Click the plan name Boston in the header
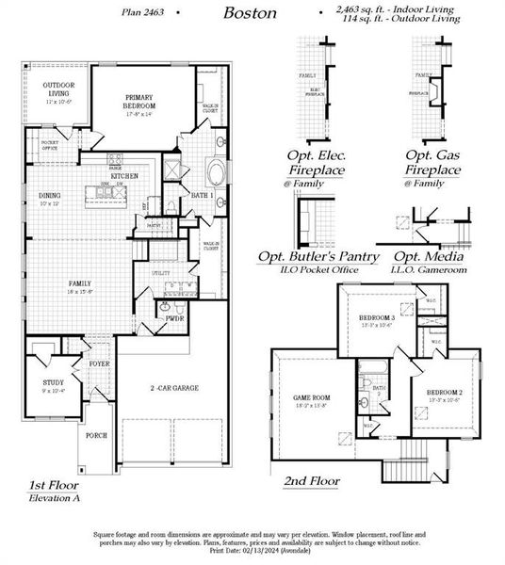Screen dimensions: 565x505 [251, 13]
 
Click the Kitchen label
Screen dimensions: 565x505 [125, 176]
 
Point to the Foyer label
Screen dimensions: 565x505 [99, 363]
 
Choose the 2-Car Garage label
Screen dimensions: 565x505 [173, 387]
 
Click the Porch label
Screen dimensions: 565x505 [96, 436]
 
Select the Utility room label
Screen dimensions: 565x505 [160, 270]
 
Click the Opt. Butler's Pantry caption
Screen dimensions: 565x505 [319, 257]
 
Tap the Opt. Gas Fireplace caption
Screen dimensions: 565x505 [433, 161]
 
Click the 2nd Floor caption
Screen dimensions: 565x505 [312, 480]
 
